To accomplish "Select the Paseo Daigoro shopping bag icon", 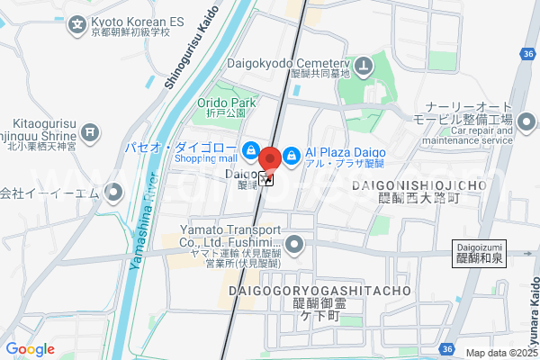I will [x=251, y=149].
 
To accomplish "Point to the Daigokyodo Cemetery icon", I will [x=363, y=65].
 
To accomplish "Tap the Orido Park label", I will [x=228, y=103].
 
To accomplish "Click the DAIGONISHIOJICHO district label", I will [x=420, y=185].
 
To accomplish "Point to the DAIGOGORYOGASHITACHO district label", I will [x=319, y=292].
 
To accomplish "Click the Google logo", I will [x=30, y=349].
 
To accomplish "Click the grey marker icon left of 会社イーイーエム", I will [x=113, y=192].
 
